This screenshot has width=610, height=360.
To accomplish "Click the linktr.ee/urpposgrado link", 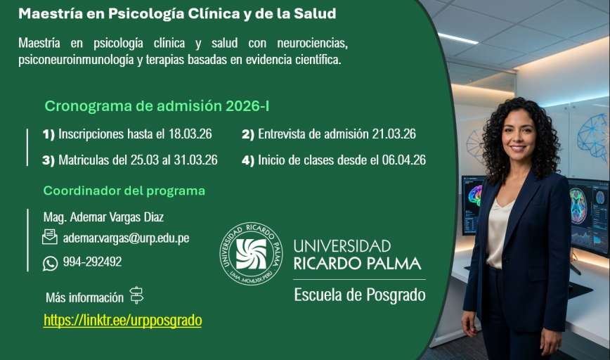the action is [122, 321].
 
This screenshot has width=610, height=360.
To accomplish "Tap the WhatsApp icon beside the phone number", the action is [50, 264].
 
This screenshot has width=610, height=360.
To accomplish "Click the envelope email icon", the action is [50, 237].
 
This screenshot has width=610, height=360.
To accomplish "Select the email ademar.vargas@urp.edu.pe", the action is [126, 238].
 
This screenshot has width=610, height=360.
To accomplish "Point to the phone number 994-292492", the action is [92, 262].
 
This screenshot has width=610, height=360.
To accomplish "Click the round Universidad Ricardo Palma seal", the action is [252, 254].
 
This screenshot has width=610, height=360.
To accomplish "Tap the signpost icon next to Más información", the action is [136, 295].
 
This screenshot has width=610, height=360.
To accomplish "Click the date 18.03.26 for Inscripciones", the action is [190, 134].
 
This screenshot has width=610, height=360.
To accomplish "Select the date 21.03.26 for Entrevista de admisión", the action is [394, 134].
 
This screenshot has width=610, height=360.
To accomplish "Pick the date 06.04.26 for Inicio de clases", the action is [404, 160].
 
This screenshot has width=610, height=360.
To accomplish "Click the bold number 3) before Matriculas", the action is [48, 160].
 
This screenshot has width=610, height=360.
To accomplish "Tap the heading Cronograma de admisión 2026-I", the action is [157, 106].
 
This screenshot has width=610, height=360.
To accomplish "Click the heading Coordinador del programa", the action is [124, 191].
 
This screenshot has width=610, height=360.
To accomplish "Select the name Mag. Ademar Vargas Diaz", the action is [103, 217].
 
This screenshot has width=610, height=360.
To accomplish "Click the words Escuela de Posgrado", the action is [360, 295].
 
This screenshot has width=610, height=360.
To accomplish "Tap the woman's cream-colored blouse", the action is [500, 233].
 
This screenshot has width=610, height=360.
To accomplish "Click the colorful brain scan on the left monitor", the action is [475, 195].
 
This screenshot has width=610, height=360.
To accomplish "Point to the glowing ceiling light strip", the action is [458, 38].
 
